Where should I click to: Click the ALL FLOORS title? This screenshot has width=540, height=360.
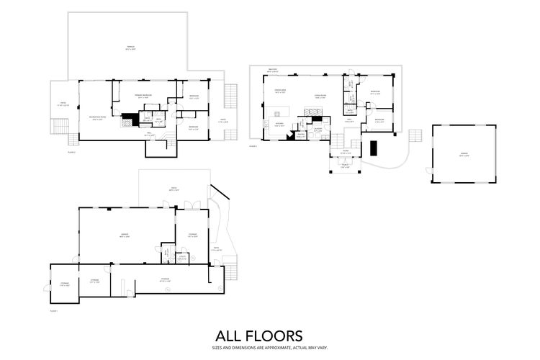[259, 336]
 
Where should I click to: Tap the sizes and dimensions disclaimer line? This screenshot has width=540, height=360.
[259, 348]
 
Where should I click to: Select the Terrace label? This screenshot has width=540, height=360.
[130, 48]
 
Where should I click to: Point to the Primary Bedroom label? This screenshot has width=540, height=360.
[142, 96]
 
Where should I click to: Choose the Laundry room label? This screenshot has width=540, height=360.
[318, 130]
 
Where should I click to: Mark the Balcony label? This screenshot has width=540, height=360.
[272, 70]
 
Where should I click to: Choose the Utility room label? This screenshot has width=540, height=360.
[182, 257]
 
